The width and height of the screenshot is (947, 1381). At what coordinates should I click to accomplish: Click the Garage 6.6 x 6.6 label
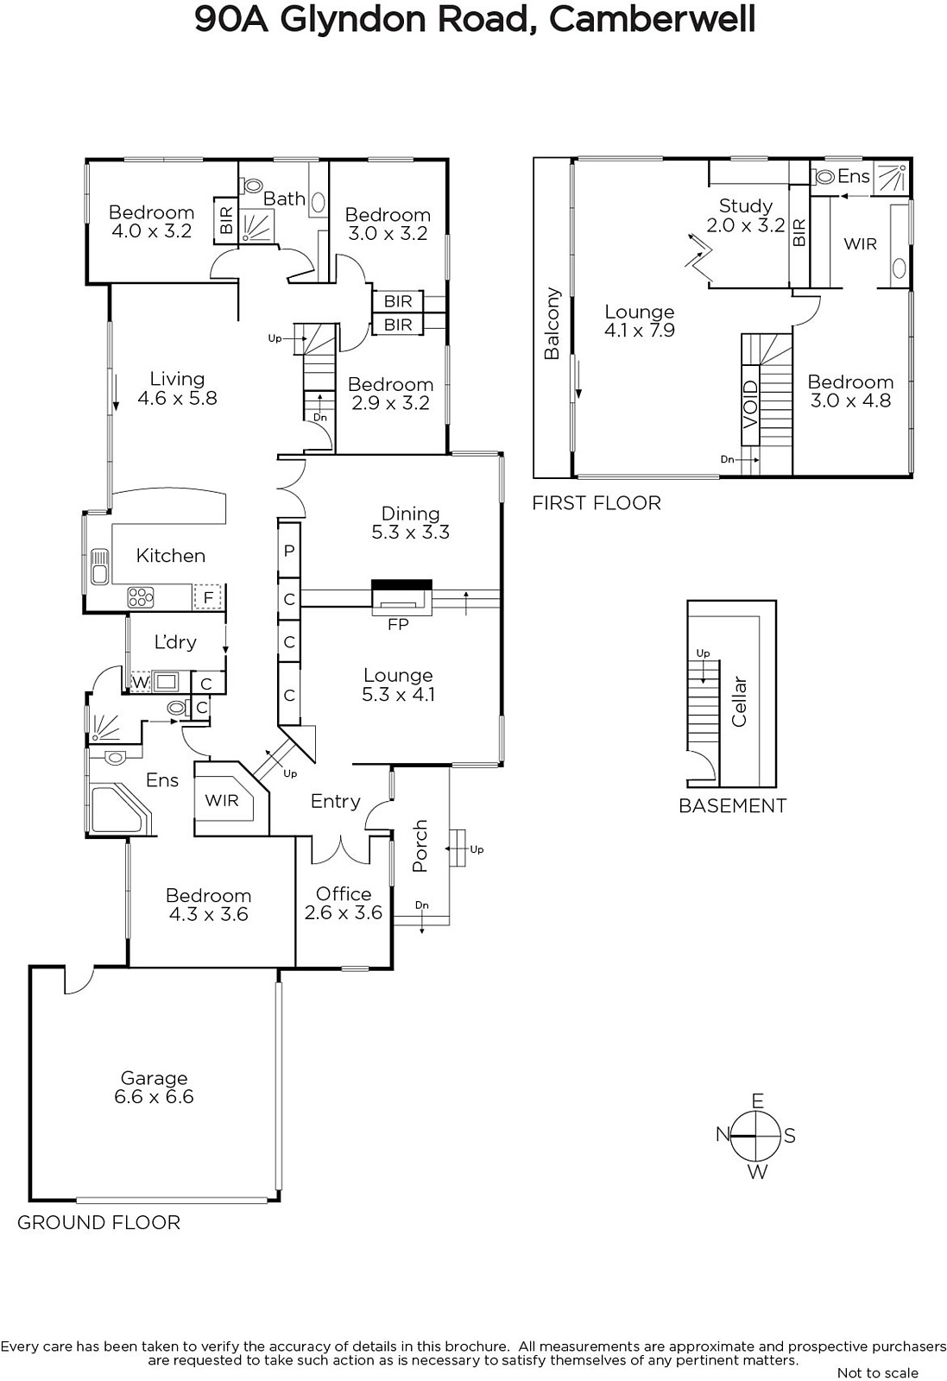[155, 1088]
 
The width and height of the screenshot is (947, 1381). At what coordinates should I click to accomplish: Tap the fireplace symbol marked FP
[401, 597]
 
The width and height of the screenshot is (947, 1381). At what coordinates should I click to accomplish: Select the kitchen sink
[99, 566]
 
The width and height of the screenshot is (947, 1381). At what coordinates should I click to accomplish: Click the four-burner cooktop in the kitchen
[140, 597]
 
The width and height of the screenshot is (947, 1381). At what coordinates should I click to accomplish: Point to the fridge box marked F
[208, 596]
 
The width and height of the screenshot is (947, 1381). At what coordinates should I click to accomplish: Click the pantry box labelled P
[288, 551]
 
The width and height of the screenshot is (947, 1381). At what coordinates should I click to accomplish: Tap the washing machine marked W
[141, 683]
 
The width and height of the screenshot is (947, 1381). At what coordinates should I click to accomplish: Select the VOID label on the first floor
[749, 405]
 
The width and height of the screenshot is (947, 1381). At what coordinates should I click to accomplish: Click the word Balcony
[552, 323]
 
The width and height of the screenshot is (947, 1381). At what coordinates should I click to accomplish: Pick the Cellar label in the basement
[739, 702]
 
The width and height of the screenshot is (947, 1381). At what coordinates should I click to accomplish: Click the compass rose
[756, 1135]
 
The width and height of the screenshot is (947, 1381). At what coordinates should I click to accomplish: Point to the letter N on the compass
[723, 1134]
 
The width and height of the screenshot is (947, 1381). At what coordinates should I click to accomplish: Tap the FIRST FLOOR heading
[597, 503]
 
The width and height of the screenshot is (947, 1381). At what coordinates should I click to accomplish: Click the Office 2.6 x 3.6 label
[344, 903]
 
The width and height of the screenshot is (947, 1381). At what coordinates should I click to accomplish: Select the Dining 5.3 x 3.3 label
[411, 523]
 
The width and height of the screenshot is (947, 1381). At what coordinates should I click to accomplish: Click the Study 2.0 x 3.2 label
[745, 215]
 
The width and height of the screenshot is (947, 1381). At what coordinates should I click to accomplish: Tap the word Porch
[420, 845]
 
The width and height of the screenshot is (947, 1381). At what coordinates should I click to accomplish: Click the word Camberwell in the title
[652, 19]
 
